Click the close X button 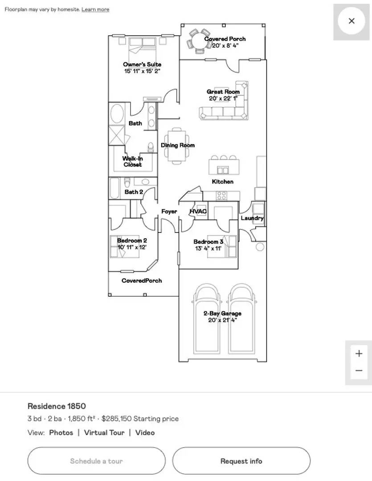click(352, 21)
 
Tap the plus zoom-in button click(359, 353)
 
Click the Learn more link click(95, 9)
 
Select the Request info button click(241, 461)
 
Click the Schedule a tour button click(96, 461)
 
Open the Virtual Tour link click(104, 432)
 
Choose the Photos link click(61, 432)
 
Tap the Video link click(145, 432)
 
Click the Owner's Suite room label click(142, 65)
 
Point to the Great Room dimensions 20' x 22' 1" click(223, 98)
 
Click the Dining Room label click(178, 145)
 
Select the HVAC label click(198, 212)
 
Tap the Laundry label click(252, 218)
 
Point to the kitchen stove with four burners click(222, 196)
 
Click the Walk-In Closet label click(133, 161)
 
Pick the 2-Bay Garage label click(222, 313)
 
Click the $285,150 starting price click(117, 418)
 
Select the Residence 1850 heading click(57, 406)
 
